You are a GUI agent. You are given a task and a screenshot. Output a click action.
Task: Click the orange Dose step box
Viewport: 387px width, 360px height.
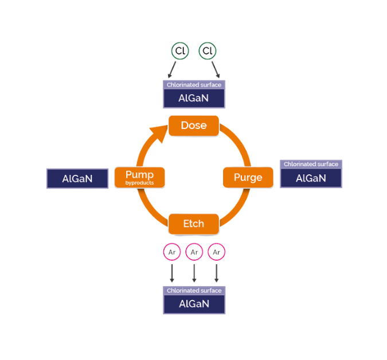[193, 126]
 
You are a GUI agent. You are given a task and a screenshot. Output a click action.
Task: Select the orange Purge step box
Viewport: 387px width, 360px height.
[248, 177]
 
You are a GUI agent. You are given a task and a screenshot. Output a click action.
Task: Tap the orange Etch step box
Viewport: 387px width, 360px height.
[193, 224]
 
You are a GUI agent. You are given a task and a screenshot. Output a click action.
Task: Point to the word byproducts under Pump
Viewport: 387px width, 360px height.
[139, 183]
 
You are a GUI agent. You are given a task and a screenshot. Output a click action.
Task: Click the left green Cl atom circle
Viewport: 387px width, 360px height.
[179, 51]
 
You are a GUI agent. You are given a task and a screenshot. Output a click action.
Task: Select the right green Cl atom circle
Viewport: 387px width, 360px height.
[207, 51]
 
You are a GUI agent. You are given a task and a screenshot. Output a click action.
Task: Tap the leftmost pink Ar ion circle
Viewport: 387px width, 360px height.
[171, 252]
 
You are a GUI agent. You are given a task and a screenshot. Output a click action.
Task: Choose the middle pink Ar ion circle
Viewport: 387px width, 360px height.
[194, 252]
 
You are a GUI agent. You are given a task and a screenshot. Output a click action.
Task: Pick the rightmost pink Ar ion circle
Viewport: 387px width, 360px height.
[216, 252]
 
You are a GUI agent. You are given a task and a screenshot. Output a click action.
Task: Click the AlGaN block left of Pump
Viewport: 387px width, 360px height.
[77, 178]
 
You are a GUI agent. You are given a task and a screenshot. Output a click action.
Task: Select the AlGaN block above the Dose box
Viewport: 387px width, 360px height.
[194, 98]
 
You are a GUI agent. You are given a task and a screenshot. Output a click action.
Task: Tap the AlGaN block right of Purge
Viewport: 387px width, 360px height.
[311, 178]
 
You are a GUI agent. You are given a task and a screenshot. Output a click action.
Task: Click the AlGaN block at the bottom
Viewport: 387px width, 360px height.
[194, 304]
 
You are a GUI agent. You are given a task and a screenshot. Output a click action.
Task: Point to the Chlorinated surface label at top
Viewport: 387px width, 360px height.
[194, 84]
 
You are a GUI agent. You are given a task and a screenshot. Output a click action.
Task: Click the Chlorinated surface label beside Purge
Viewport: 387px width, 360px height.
[311, 164]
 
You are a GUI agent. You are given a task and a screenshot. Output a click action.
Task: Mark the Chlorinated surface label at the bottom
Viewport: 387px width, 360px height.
[194, 291]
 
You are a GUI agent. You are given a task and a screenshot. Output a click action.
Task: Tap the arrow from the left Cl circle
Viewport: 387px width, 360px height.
[173, 69]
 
